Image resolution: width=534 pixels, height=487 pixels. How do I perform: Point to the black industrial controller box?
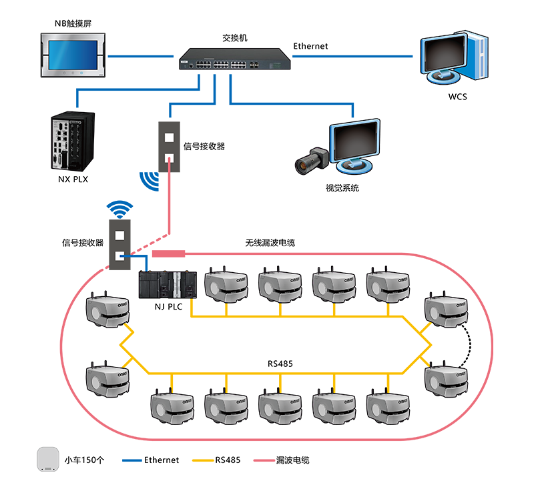[71, 141]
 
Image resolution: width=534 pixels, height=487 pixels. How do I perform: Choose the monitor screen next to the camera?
[356, 141]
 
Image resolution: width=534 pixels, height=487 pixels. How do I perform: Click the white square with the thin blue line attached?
[120, 256]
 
